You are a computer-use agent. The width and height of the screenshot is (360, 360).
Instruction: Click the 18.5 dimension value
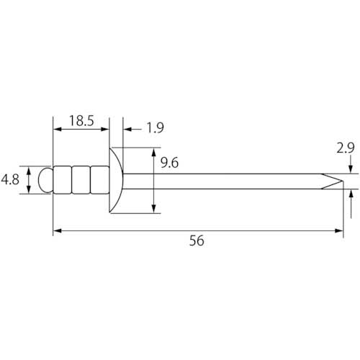(x=81, y=121)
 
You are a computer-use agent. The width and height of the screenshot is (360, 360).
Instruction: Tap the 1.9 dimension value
(x=156, y=127)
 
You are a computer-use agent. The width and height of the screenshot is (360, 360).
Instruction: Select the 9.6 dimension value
(x=169, y=163)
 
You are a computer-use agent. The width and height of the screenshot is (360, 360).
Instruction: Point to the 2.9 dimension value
(x=346, y=148)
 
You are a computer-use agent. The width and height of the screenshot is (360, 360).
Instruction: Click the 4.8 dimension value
(x=10, y=179)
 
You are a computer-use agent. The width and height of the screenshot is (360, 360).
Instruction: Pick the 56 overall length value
(x=197, y=240)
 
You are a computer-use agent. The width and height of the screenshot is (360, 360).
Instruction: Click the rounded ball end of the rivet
(x=45, y=180)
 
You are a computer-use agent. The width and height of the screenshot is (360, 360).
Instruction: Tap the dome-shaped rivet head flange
(x=116, y=180)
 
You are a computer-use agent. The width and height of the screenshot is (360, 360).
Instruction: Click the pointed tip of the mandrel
(x=343, y=181)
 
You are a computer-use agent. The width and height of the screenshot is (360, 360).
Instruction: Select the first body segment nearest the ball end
(x=62, y=180)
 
